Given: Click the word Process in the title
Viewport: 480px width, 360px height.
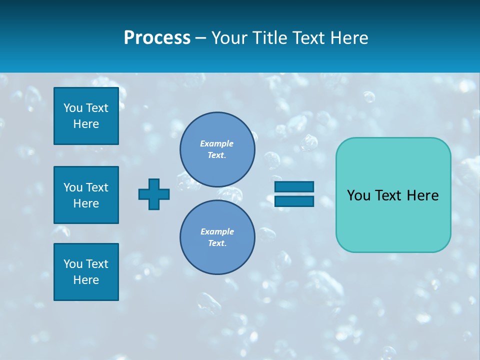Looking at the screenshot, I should [157, 38].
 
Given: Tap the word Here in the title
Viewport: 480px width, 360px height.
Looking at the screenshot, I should [348, 38].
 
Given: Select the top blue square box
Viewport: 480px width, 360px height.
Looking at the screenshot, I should [86, 116].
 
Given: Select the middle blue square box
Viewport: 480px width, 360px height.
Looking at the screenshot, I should [86, 195].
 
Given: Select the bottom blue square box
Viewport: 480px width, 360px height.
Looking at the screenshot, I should [86, 272].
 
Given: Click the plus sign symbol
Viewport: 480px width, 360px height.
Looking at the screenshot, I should [154, 194].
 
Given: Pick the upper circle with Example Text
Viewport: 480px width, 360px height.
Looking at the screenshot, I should [217, 149].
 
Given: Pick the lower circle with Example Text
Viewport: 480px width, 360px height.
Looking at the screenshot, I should [217, 237].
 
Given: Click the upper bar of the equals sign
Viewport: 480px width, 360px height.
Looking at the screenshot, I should [294, 187].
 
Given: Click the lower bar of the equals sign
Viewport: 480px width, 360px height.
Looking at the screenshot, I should [294, 201].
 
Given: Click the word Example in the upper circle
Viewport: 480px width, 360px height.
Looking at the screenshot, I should [216, 143].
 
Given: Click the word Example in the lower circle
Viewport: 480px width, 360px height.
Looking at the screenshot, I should [217, 231].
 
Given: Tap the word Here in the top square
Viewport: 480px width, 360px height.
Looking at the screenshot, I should [86, 124].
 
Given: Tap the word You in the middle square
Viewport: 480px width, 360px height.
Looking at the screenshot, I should [73, 187].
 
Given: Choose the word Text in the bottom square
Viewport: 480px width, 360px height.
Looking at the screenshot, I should [97, 264].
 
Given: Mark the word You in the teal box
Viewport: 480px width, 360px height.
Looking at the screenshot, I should [358, 195].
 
